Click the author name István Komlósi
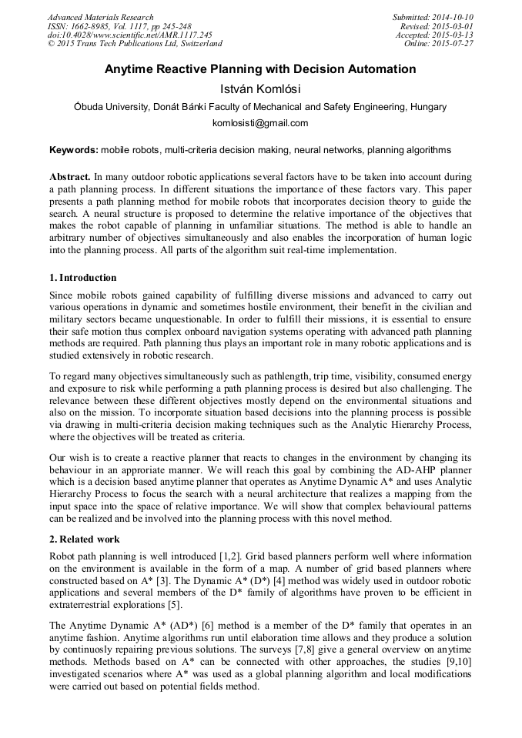tap(260, 88)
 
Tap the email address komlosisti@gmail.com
tap(260, 123)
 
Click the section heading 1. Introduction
tap(83, 278)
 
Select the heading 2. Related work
tap(85, 539)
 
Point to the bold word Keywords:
tap(74, 149)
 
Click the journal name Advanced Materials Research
tap(101, 17)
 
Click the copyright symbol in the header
tap(51, 44)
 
